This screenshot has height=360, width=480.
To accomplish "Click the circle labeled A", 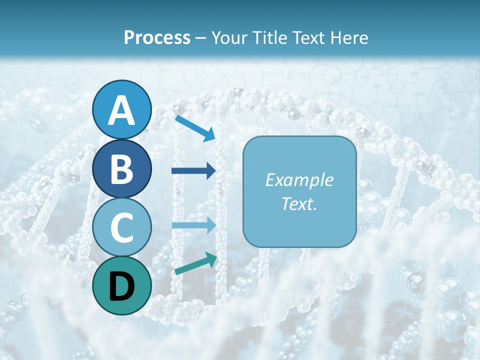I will point(121,109).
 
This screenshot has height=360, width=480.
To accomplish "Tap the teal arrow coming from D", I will point(195,264).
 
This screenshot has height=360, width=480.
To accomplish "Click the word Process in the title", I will point(157,37).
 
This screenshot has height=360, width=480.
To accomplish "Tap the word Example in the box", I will point(299,180).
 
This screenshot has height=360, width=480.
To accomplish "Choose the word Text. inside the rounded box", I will point(299,203).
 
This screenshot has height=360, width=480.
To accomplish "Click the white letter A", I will point(121,110).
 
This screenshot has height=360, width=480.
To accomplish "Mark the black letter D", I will point(121,286).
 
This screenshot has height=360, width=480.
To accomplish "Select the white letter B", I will point(121,169).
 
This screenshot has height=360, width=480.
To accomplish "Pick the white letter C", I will point(121,227).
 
